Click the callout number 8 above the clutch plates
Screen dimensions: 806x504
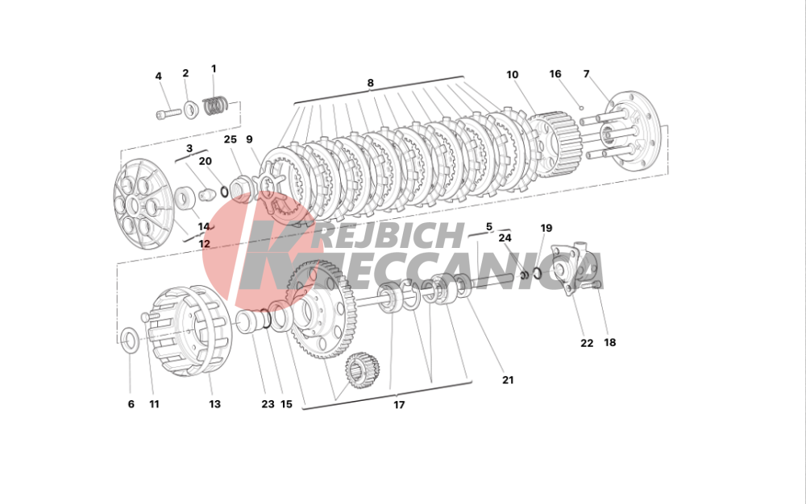(370, 83)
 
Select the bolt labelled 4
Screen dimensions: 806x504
(168, 113)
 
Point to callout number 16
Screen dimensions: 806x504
(555, 74)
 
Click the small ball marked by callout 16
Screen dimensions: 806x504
(581, 108)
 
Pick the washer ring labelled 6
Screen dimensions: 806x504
(129, 338)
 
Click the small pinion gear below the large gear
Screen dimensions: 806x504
(363, 370)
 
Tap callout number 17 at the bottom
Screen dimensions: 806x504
(399, 405)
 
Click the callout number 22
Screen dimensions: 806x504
(587, 343)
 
